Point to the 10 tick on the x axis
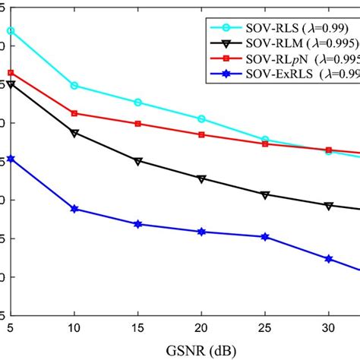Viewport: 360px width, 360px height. click(74, 325)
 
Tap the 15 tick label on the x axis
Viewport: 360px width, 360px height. click(137, 325)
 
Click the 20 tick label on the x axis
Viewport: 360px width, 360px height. click(201, 325)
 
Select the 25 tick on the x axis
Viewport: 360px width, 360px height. click(264, 325)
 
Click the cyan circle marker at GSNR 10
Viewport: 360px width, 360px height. click(74, 86)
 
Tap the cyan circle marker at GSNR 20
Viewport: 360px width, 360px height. click(201, 118)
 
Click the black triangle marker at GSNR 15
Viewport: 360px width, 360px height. click(137, 161)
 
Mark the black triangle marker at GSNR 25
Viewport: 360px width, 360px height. click(264, 195)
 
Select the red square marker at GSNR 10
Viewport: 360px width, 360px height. click(74, 113)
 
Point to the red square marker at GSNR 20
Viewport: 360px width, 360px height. click(201, 134)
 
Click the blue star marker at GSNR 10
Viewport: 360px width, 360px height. click(74, 209)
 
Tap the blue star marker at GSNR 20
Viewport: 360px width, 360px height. click(201, 232)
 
